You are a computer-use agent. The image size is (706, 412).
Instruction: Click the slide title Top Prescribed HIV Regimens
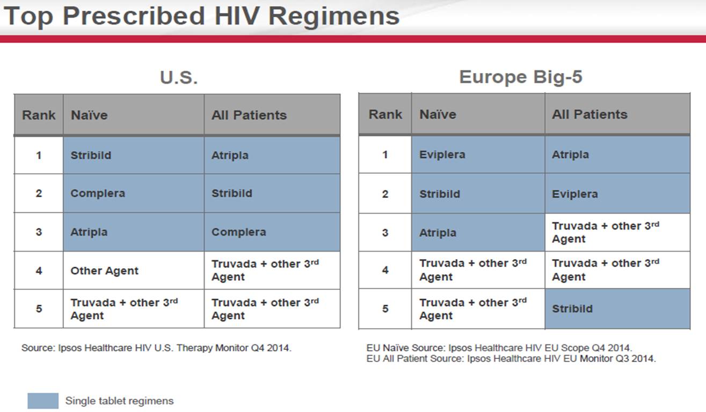(x=201, y=16)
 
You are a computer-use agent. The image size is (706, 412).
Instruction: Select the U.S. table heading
(x=179, y=78)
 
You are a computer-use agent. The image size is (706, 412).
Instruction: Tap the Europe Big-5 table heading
(x=521, y=77)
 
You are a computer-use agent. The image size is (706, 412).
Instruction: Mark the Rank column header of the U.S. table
(x=39, y=115)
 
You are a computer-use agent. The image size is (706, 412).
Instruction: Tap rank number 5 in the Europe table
(x=385, y=309)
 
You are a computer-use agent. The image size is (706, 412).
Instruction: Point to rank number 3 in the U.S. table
(x=39, y=232)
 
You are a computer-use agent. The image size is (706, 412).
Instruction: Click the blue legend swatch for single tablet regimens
(x=43, y=401)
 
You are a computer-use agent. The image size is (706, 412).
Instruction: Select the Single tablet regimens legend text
(x=119, y=401)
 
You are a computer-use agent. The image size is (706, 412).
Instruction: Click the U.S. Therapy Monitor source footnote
(x=156, y=348)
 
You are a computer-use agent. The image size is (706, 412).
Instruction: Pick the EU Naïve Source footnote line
(x=499, y=348)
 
